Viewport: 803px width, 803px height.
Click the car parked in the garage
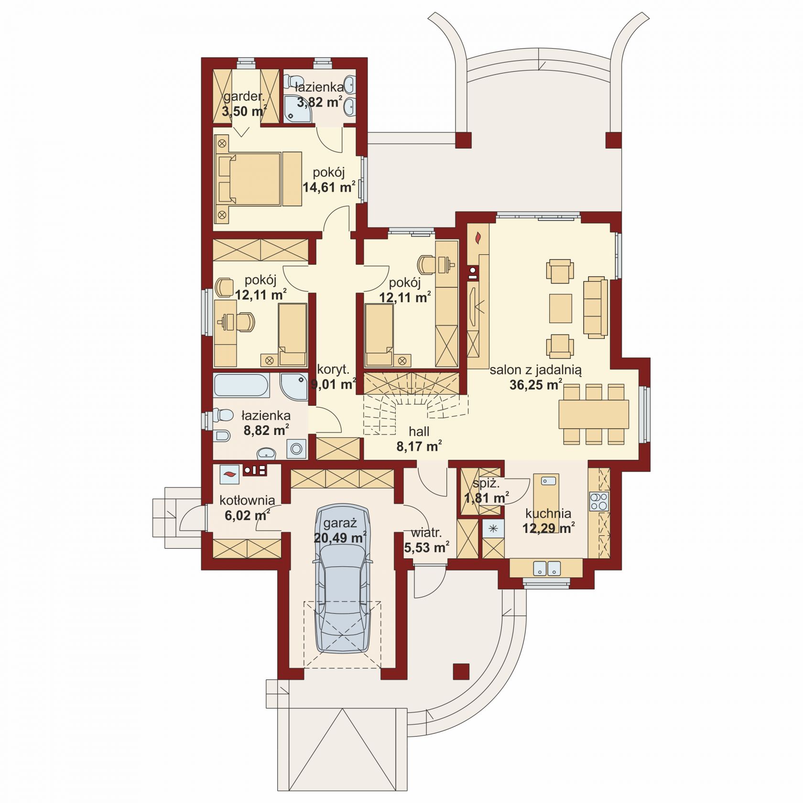click(343, 578)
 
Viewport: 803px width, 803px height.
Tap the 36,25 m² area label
click(535, 385)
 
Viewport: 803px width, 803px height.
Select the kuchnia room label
click(548, 514)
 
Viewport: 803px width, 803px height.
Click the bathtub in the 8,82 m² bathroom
click(241, 386)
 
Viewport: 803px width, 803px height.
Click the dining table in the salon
click(594, 414)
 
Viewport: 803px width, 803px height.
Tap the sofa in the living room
click(595, 307)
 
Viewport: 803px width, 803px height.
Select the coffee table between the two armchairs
click(560, 308)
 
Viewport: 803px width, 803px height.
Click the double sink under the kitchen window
click(547, 568)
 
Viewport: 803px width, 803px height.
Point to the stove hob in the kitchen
click(598, 501)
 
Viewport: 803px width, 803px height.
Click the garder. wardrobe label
click(244, 96)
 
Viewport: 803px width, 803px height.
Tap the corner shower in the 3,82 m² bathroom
click(296, 109)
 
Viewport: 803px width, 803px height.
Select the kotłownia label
click(247, 500)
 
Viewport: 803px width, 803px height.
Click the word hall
click(419, 432)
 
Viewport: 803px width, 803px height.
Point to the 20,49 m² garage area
click(340, 538)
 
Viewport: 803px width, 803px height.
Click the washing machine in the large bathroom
click(296, 449)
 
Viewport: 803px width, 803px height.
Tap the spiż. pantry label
click(486, 484)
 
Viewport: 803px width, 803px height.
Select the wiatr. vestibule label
click(426, 532)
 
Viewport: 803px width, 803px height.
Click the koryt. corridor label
click(333, 369)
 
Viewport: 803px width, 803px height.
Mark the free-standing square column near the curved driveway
click(461, 672)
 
